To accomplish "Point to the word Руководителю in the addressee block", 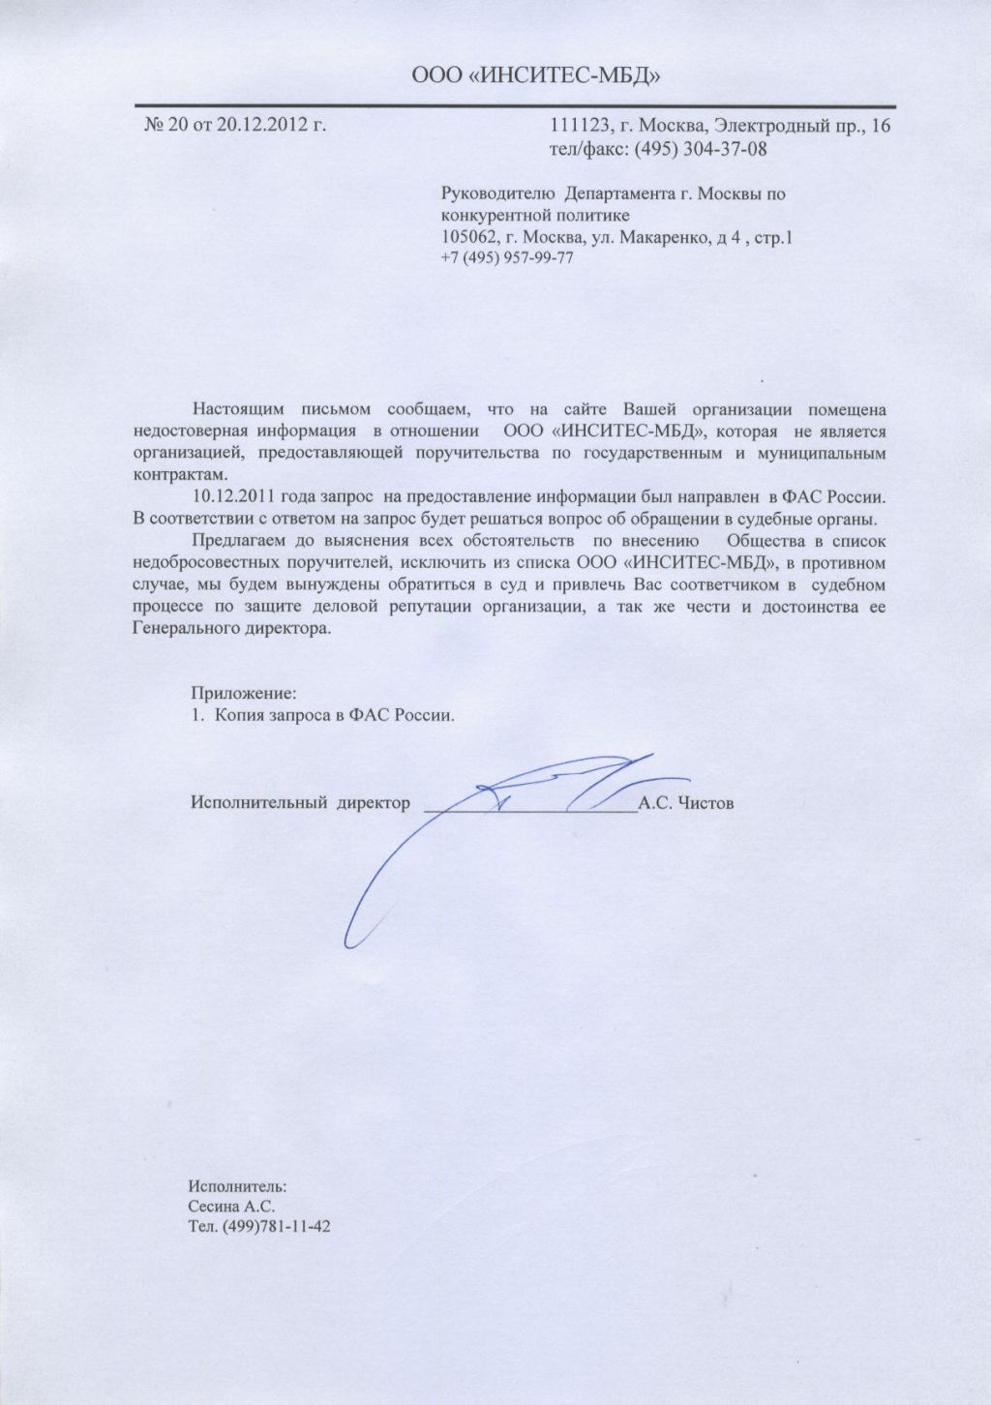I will [495, 194].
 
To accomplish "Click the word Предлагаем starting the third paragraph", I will [239, 540].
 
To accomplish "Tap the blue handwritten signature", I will [503, 813].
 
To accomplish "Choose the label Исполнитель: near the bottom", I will [238, 1185].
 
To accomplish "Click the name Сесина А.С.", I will [232, 1207].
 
